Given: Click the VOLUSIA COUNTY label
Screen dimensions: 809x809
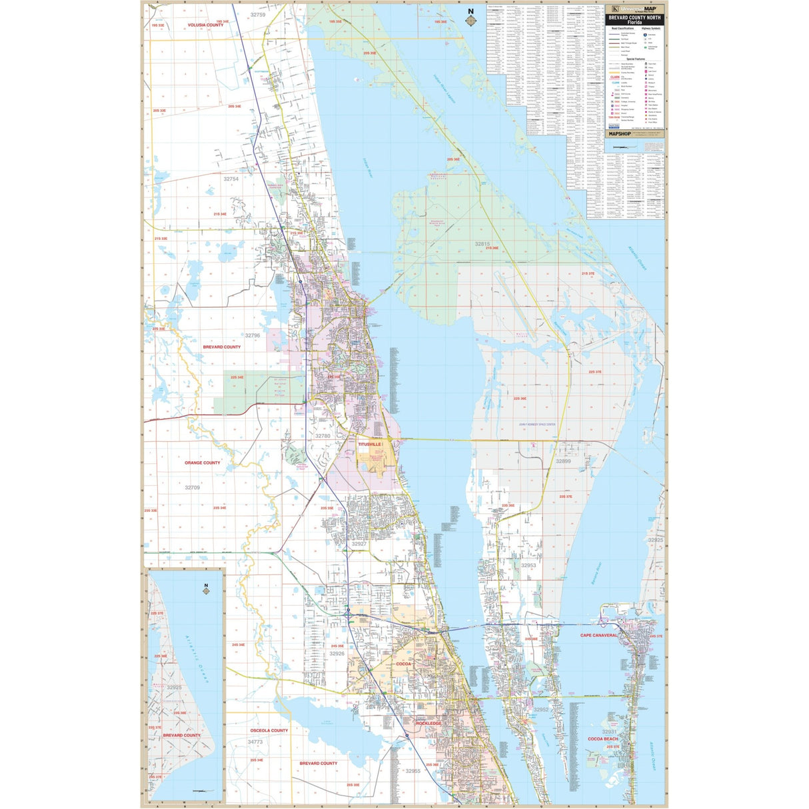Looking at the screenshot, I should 205,25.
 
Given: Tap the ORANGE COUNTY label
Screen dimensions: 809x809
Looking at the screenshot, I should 203,462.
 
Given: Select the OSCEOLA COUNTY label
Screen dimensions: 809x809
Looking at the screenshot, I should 269,730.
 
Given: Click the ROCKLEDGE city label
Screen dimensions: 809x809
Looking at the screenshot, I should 428,723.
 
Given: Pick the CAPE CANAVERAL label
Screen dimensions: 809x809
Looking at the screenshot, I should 599,635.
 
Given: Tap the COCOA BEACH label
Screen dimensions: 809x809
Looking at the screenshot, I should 602,739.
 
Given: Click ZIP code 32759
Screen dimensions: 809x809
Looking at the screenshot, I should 257,15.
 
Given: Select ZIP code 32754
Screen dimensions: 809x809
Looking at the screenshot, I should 231,179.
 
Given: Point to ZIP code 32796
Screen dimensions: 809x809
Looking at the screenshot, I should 252,336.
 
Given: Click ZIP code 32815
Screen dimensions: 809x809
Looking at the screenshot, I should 482,244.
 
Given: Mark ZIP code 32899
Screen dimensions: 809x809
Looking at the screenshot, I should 563,461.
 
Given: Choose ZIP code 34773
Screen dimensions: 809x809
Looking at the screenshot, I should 255,742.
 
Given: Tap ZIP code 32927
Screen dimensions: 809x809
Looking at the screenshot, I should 359,544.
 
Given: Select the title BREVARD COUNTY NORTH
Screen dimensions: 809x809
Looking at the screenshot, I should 636,17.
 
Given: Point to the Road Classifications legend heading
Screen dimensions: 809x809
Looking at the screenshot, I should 624,29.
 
